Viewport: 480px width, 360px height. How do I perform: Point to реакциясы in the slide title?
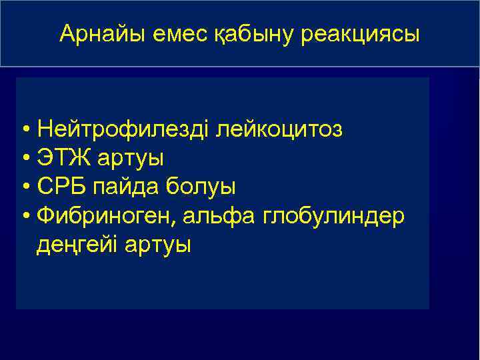[361, 35]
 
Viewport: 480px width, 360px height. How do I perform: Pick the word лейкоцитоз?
[278, 129]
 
